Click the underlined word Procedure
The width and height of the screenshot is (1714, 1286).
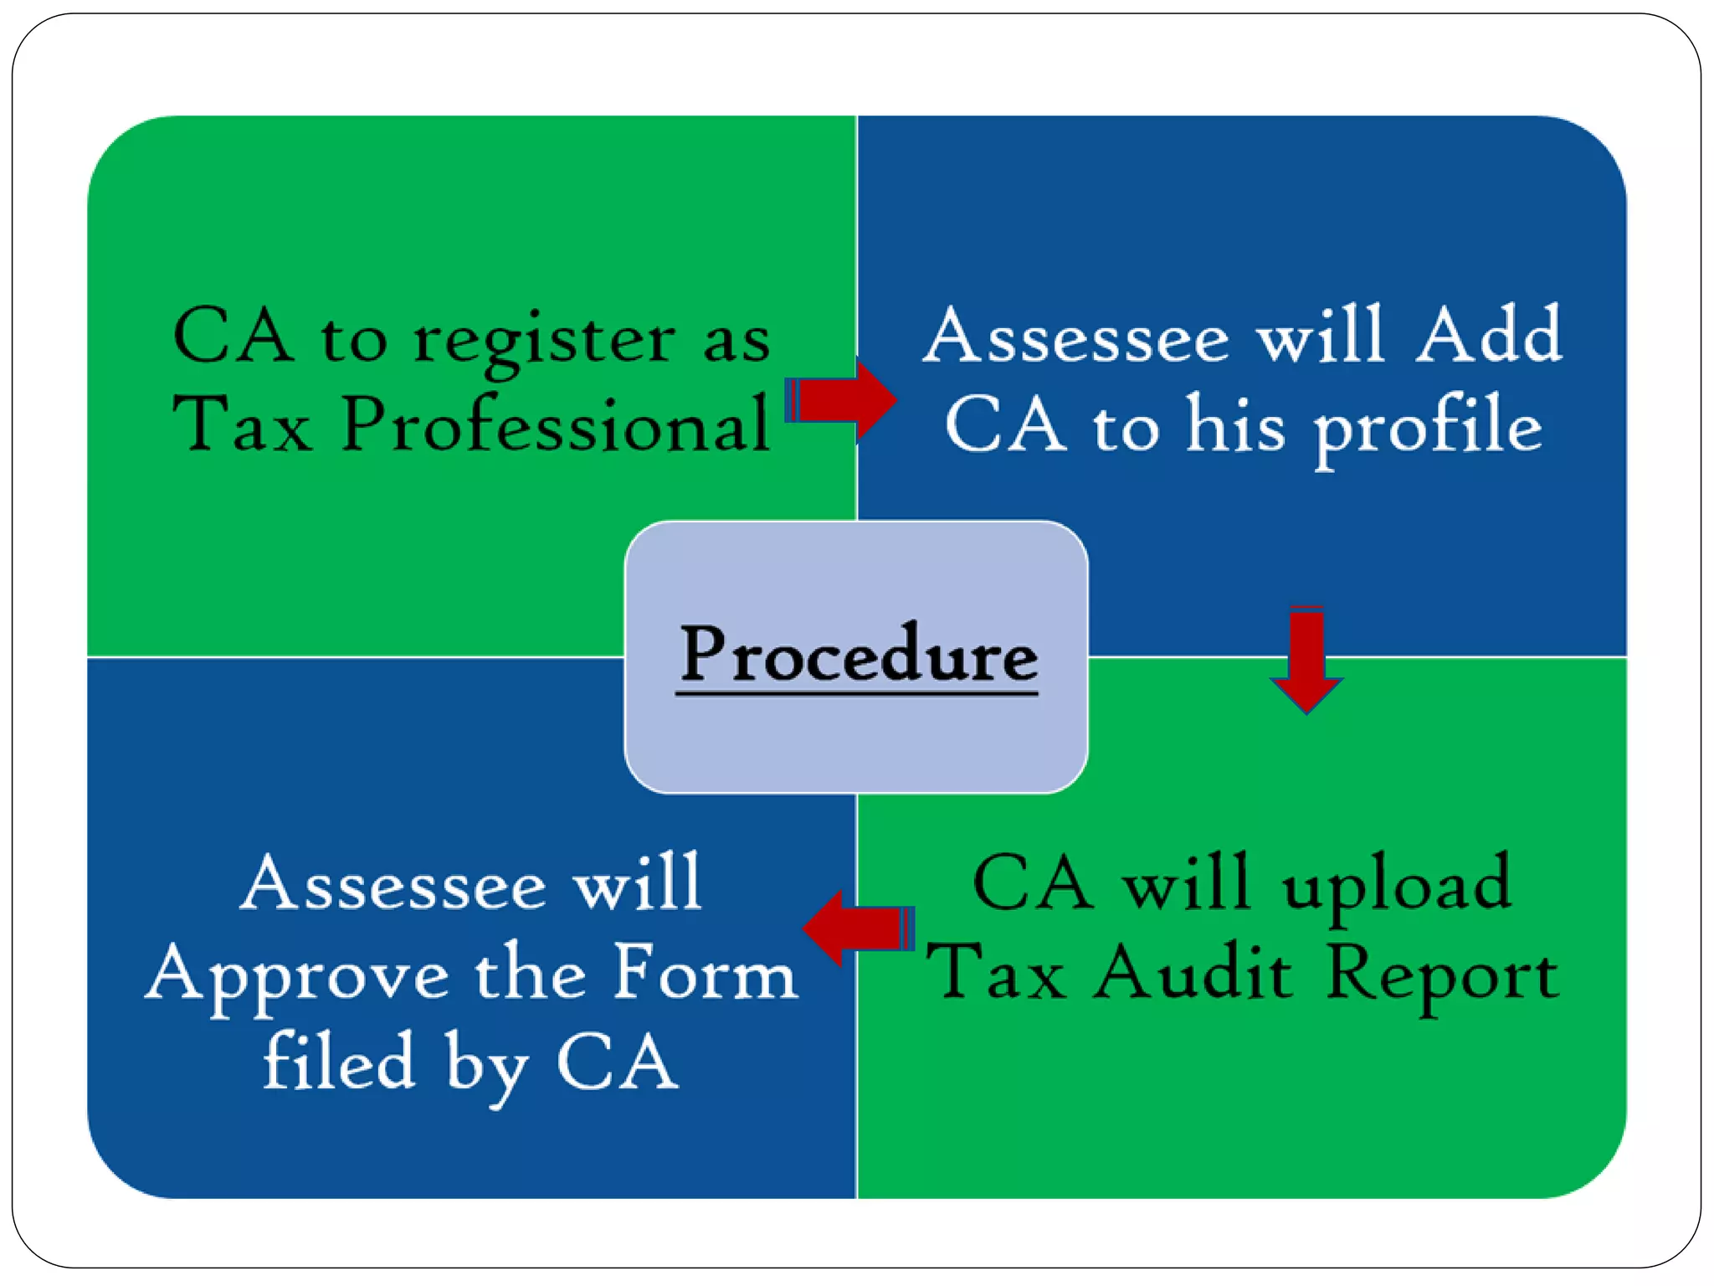pos(858,655)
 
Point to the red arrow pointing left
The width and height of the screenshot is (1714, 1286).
pos(857,928)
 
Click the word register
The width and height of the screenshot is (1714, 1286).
pos(544,340)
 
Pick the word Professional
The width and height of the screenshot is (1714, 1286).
pos(556,424)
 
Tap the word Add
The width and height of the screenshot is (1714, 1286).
pos(1489,335)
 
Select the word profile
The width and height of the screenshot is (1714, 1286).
pos(1428,427)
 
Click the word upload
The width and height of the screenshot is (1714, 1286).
pos(1397,886)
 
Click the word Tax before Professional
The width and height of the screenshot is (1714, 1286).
pos(242,424)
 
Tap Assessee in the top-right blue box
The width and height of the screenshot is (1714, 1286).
pos(1076,337)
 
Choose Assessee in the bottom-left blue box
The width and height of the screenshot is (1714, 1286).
pos(393,884)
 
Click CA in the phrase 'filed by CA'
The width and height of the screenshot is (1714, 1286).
pos(617,1062)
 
